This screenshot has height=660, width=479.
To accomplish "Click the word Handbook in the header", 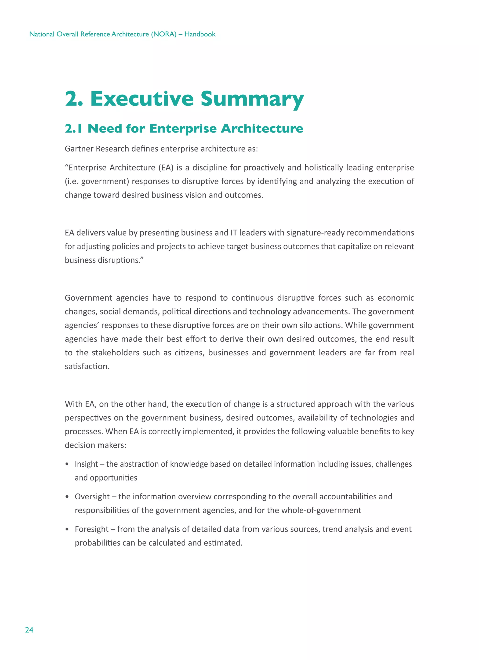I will point(200,34).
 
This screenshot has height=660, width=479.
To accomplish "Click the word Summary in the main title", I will point(252,99).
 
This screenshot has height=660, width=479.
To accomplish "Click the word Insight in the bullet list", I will point(86,464).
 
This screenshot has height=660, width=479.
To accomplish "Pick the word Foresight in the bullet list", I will point(91,529).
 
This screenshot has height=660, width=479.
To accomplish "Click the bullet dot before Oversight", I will point(67,497).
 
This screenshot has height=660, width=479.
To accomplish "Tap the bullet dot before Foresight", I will point(67,529).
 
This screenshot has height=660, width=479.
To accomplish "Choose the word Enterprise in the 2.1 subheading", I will point(183,128).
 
